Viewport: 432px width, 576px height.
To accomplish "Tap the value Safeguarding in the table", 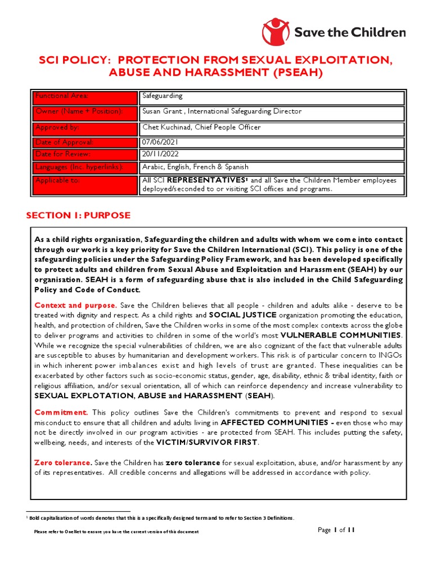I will point(162,97).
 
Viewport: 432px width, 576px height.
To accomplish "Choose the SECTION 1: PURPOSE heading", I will point(79,215).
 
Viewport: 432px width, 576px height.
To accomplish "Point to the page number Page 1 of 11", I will point(336,530).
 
